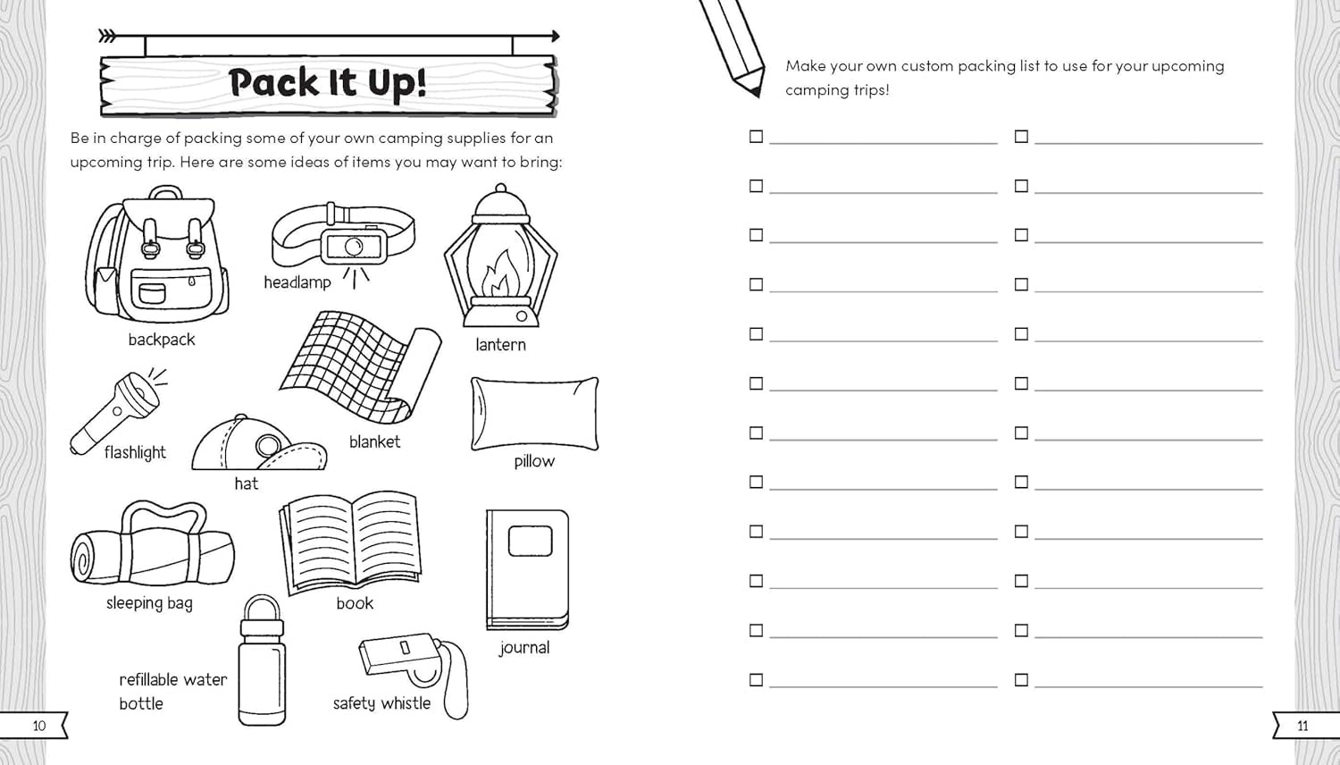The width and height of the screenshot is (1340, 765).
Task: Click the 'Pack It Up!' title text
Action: tap(327, 82)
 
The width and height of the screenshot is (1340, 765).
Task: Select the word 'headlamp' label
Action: tap(297, 282)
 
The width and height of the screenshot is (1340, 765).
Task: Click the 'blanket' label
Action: tap(374, 441)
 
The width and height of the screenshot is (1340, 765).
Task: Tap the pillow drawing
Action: tap(534, 413)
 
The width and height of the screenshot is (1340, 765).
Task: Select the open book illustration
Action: tap(351, 540)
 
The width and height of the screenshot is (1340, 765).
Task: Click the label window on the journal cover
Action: tap(530, 541)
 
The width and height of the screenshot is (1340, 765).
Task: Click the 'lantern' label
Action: tap(500, 345)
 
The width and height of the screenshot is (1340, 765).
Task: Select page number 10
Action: tap(38, 726)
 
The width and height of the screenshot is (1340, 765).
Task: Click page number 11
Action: tap(1302, 726)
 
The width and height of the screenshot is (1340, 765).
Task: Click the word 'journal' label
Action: tap(524, 648)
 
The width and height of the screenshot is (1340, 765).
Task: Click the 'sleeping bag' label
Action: tap(149, 603)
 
